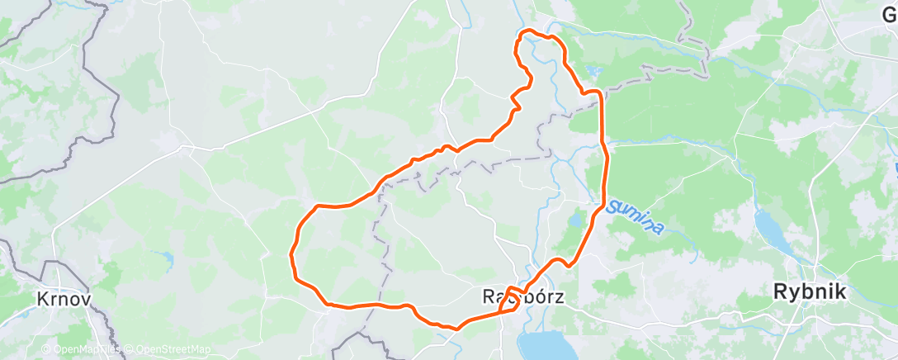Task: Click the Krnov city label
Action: click(x=64, y=298)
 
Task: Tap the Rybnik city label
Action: click(x=810, y=291)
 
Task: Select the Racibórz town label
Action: click(x=523, y=296)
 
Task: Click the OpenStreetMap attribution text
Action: click(x=172, y=350)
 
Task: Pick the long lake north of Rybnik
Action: click(x=767, y=224)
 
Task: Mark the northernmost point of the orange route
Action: click(x=528, y=31)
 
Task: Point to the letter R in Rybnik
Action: click(x=779, y=291)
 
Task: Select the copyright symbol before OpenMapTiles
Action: click(x=48, y=350)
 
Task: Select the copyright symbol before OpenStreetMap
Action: click(x=130, y=350)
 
